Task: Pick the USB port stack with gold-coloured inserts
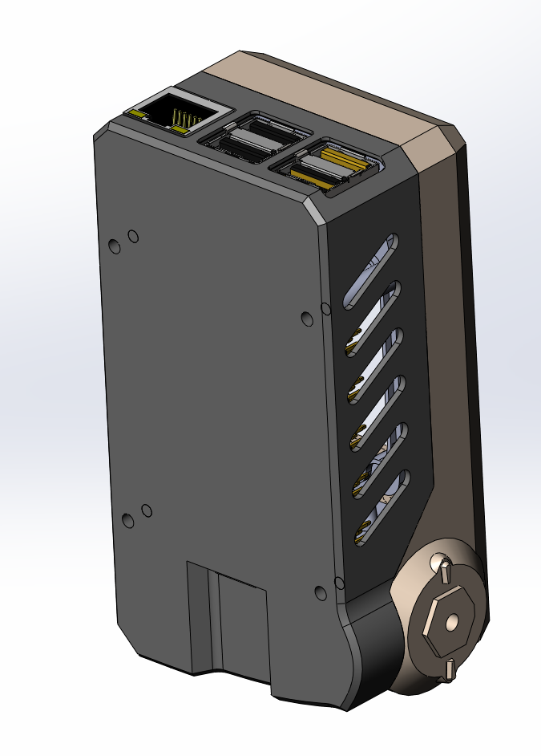pos(329,166)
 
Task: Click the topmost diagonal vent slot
pos(371,271)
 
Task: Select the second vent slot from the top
pos(373,318)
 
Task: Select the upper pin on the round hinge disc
pos(442,570)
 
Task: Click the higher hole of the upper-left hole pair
pos(133,236)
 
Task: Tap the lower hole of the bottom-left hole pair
pos(128,521)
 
